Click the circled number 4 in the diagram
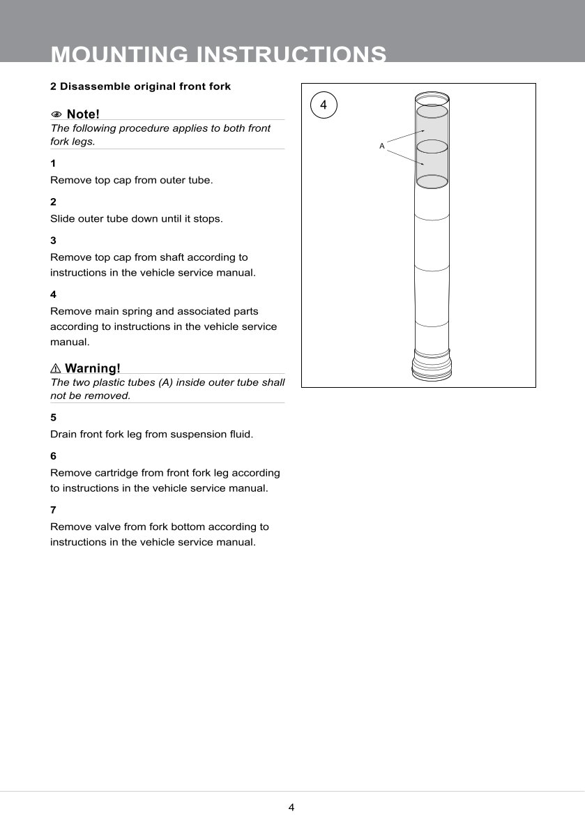(323, 105)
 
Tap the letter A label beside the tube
(381, 146)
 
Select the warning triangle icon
(56, 368)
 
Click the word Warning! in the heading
(93, 368)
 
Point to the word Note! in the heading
(83, 114)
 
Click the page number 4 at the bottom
(291, 808)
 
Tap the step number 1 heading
(53, 163)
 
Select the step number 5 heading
(53, 417)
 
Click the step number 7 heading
(53, 510)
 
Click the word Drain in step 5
(63, 434)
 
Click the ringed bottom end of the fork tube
(431, 365)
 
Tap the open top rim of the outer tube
(432, 96)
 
